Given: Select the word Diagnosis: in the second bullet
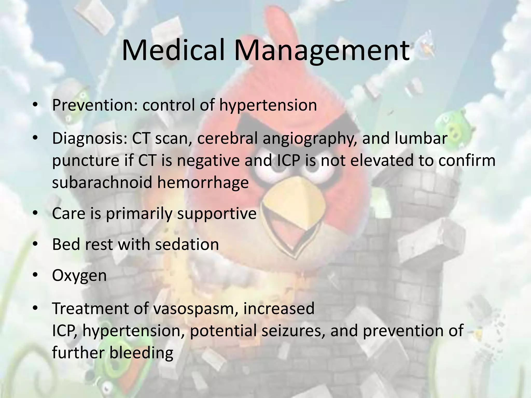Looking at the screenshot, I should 89,139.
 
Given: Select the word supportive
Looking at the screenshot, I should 217,214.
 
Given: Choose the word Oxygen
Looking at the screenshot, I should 79,276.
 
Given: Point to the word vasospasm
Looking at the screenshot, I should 195,309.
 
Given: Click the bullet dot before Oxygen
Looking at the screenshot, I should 36,275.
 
